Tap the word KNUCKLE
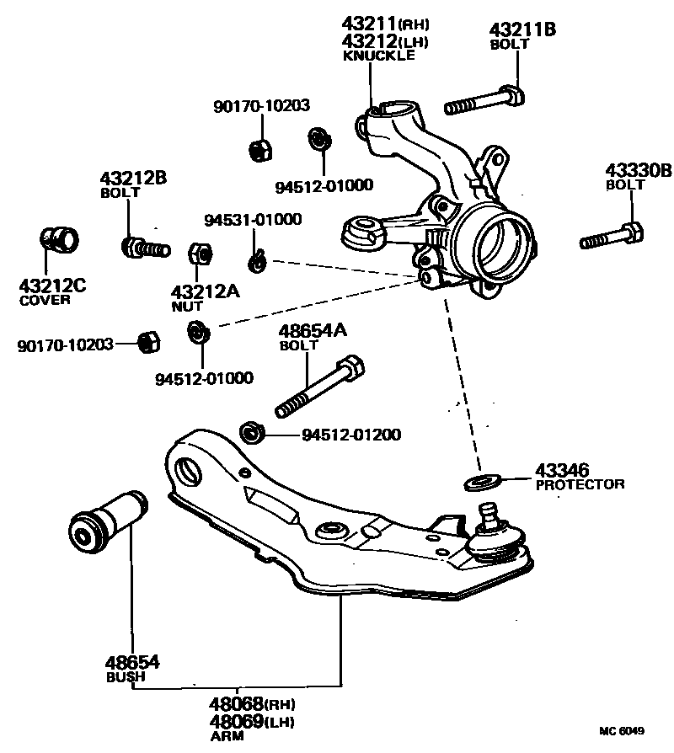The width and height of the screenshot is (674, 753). tap(378, 56)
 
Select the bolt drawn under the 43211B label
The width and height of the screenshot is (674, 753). tap(484, 102)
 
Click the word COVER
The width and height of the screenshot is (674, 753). tap(43, 300)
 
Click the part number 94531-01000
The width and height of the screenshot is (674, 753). tap(253, 221)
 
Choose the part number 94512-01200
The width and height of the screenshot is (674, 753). tap(351, 435)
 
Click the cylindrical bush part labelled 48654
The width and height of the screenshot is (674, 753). tap(108, 524)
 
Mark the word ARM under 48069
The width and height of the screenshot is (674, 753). tap(225, 736)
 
